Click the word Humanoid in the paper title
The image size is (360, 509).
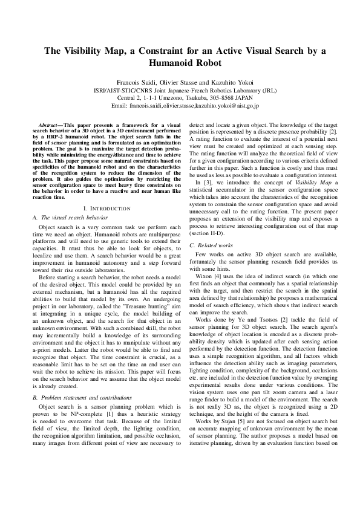(180, 62)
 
